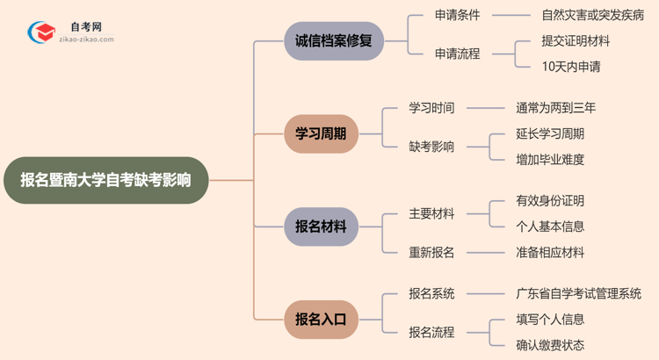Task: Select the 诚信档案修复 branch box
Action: coord(334,40)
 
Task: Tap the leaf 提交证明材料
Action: coord(576,40)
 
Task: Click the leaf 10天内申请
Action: coord(571,67)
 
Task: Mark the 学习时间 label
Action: coord(431,108)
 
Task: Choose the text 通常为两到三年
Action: coord(555,108)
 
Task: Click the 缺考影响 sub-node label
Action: coord(431,147)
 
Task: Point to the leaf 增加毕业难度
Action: coord(550,160)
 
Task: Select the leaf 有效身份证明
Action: coord(550,201)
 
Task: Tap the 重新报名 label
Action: coord(431,252)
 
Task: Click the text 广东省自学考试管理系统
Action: coord(578,293)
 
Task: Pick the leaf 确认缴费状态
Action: coord(550,345)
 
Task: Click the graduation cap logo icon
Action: coord(40,32)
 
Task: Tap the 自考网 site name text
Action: coord(85,27)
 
